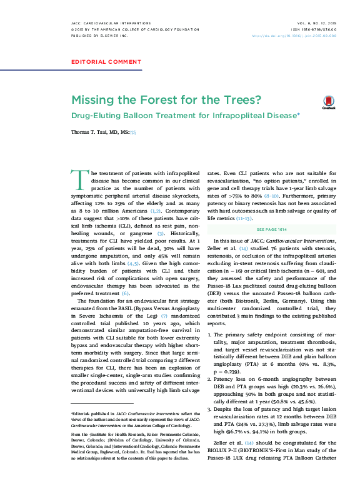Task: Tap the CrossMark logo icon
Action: point(329,103)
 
